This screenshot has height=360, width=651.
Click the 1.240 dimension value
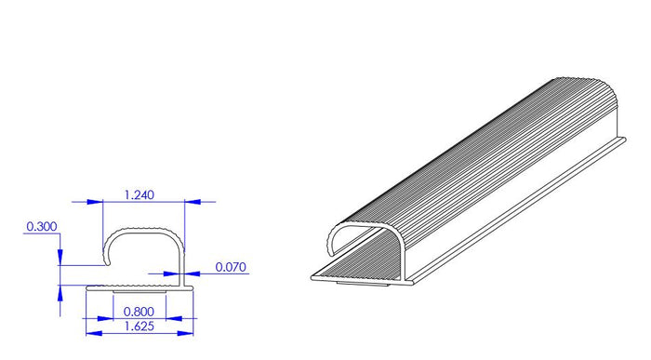[x=139, y=194]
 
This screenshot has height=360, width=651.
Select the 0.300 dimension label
[x=41, y=226]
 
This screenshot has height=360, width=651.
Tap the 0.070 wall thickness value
[x=231, y=267]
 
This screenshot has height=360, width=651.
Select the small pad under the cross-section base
[x=140, y=292]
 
